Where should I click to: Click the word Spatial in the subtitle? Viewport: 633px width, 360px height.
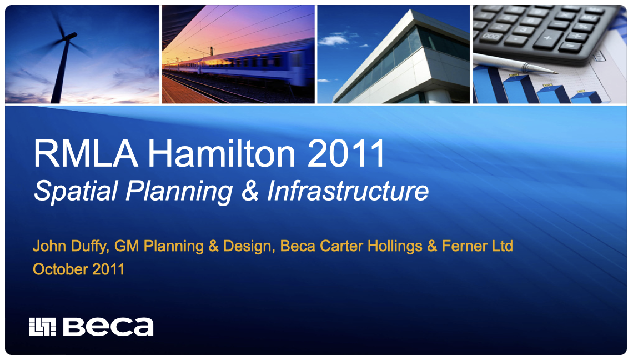[76, 192]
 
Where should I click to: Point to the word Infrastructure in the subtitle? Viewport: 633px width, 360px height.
[348, 191]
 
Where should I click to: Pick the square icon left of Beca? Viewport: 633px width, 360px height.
[43, 327]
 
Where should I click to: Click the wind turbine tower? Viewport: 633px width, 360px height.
[62, 72]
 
